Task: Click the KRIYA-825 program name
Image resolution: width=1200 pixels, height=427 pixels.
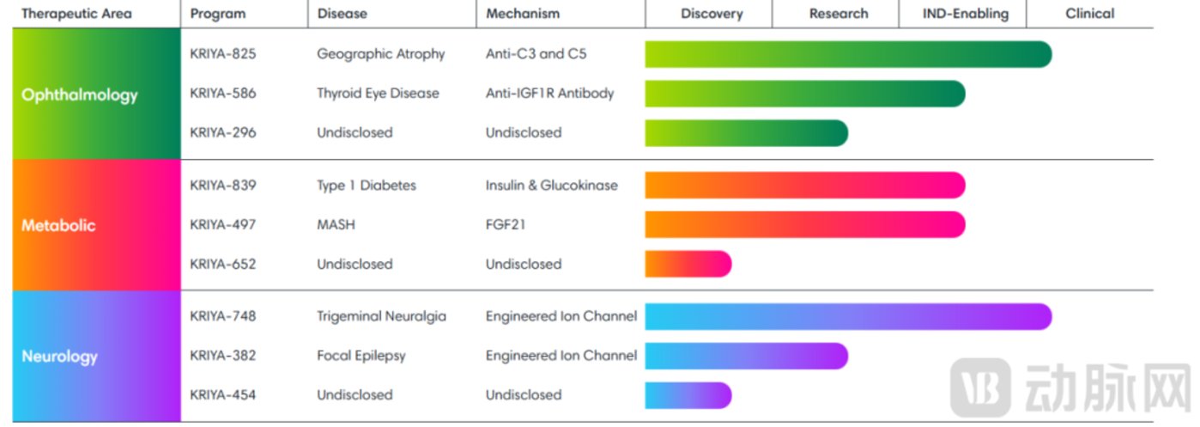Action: [x=222, y=54]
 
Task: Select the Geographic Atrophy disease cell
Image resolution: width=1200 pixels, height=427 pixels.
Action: [x=380, y=54]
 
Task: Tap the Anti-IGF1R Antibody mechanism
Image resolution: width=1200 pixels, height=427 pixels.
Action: [x=549, y=94]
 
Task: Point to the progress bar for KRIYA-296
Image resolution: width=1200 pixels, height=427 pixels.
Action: [x=746, y=133]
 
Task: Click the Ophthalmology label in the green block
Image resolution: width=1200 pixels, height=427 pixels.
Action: [x=79, y=95]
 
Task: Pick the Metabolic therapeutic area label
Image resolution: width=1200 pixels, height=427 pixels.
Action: [x=58, y=226]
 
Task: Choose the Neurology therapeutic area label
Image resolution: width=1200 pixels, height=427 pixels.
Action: [x=59, y=357]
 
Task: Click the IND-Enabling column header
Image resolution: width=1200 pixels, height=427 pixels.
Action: [x=966, y=14]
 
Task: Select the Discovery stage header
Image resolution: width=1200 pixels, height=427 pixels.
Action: [x=712, y=14]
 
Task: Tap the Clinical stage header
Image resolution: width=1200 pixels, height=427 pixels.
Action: [x=1089, y=14]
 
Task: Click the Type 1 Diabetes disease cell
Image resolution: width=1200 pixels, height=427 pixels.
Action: [x=366, y=186]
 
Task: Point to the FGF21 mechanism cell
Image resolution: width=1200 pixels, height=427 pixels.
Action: [x=506, y=225]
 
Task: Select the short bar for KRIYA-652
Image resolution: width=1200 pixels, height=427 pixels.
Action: [x=688, y=264]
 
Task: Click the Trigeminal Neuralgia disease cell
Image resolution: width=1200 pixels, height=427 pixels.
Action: [x=381, y=316]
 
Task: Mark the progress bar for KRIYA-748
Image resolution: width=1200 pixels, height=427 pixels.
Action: [x=847, y=316]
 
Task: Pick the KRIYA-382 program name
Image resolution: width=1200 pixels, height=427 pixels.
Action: [x=222, y=356]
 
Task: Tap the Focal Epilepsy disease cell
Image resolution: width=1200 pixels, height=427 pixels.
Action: [x=361, y=356]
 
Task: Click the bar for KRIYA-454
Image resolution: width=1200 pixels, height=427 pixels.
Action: [x=688, y=395]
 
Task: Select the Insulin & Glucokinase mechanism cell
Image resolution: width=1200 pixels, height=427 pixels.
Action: [x=551, y=186]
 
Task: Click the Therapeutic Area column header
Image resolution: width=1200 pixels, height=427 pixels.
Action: [x=76, y=14]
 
